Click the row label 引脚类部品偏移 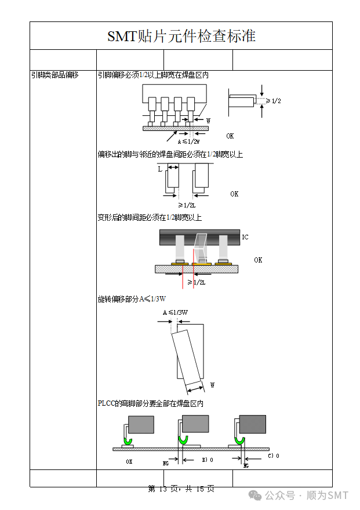click(x=54, y=75)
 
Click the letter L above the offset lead click(x=160, y=170)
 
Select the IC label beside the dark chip click(x=245, y=237)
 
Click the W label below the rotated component click(x=212, y=385)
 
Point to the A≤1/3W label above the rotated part click(x=175, y=312)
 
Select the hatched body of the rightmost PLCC click(x=253, y=424)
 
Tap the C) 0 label click(x=273, y=456)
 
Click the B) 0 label click(x=207, y=460)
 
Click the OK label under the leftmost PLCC click(x=129, y=462)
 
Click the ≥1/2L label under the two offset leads click(x=187, y=205)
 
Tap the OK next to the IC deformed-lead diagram click(x=258, y=260)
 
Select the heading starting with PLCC click(x=151, y=403)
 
